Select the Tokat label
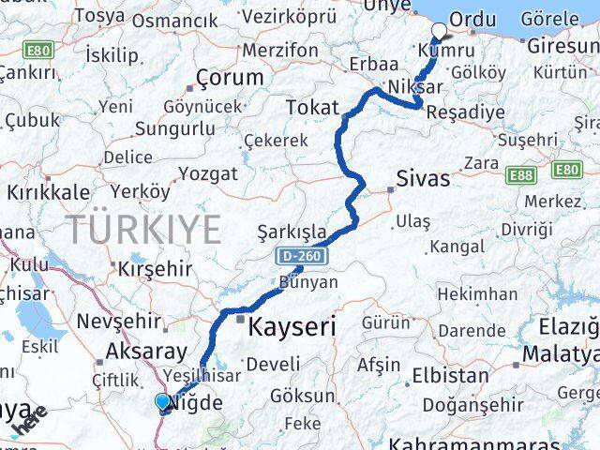point(312,107)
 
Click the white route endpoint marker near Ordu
point(439,29)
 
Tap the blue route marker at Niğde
point(164,403)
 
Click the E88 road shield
point(520,174)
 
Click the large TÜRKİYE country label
point(142,230)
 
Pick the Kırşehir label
point(155,268)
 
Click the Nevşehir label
point(125,322)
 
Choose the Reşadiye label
point(464,112)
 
